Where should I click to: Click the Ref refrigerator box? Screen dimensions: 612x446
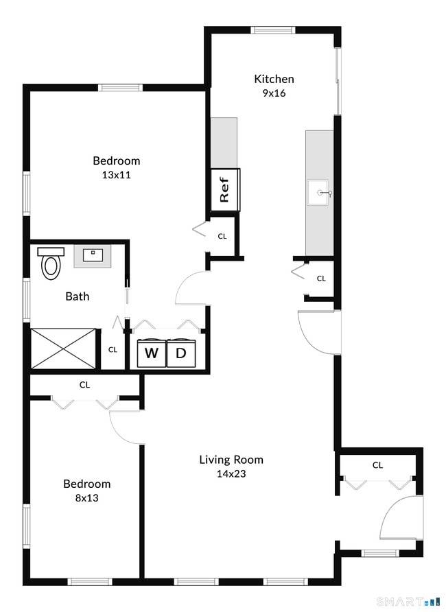225,189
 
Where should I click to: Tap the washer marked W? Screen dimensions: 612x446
151,354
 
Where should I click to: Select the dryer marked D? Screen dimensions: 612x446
181,354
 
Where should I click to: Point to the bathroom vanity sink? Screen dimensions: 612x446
92,256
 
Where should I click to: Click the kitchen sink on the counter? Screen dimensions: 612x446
320,193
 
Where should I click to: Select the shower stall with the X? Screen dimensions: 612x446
63,349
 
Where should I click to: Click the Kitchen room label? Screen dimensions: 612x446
274,79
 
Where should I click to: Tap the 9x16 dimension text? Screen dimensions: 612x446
274,93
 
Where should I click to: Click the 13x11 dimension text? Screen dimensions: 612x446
116,175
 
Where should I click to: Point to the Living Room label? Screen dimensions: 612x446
231,460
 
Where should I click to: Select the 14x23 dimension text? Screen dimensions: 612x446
231,473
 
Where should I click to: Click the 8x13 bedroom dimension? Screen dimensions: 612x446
86,498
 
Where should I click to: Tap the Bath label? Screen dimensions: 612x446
77,296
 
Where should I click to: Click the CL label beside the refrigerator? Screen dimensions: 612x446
222,237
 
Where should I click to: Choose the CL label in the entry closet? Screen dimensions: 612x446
377,465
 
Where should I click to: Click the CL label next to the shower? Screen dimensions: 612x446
113,350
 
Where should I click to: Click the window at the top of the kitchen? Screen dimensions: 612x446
272,30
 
